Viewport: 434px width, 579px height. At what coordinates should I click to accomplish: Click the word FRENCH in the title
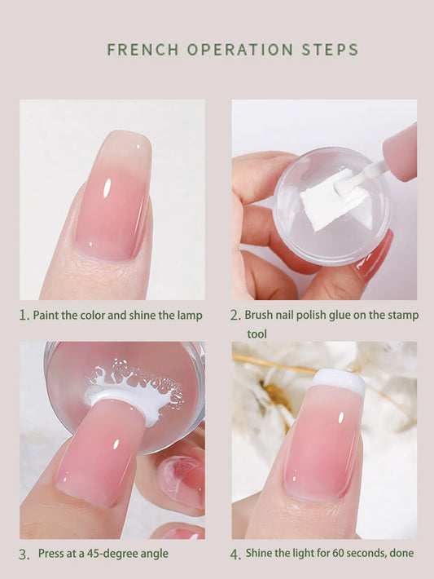pyautogui.click(x=142, y=50)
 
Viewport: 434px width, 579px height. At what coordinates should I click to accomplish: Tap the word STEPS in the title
pyautogui.click(x=330, y=50)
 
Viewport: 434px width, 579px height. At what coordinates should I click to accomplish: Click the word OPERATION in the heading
pyautogui.click(x=240, y=50)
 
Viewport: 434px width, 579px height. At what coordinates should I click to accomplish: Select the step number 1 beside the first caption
pyautogui.click(x=24, y=316)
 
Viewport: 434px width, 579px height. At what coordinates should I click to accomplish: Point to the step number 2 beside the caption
pyautogui.click(x=235, y=316)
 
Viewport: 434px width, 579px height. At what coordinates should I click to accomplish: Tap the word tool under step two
pyautogui.click(x=256, y=334)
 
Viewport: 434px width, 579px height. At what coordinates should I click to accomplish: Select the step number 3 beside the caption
pyautogui.click(x=24, y=555)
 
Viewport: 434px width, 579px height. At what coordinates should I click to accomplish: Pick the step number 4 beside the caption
pyautogui.click(x=235, y=554)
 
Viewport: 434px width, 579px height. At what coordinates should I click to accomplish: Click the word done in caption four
pyautogui.click(x=402, y=553)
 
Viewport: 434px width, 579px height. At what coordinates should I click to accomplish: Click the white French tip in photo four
pyautogui.click(x=339, y=379)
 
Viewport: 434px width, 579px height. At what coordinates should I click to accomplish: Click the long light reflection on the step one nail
pyautogui.click(x=107, y=187)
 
